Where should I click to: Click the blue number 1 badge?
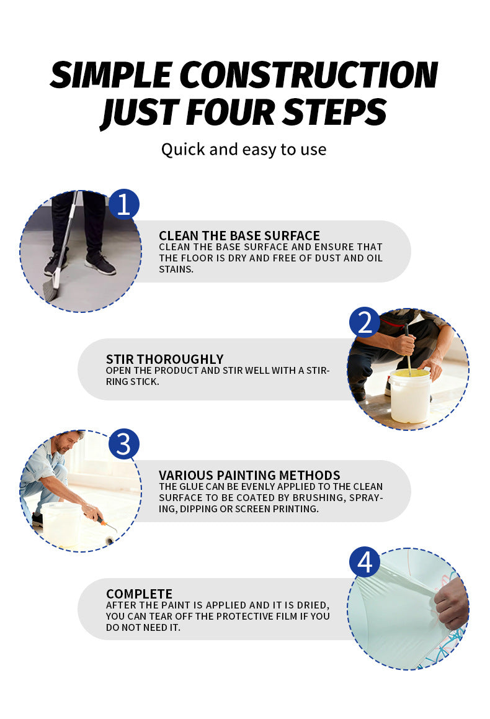coord(123,204)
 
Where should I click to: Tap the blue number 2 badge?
coord(365,322)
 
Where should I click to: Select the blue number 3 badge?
coord(123,444)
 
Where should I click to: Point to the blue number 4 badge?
coord(365,562)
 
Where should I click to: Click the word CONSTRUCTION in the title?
coord(309,75)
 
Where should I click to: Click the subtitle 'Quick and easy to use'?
coord(244,150)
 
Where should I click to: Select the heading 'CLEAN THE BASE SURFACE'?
coord(239,236)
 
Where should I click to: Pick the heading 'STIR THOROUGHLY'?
coord(165,359)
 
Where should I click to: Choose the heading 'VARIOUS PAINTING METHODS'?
coord(249,475)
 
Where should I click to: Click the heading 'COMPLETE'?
coord(139,594)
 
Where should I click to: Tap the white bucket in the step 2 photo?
coord(410,396)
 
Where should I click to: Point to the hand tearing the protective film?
coord(452,604)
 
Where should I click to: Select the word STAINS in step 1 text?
coord(176,269)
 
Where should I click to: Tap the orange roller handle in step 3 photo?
coord(102,520)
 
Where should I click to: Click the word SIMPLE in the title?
coord(111,75)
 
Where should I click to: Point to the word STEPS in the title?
coord(335,111)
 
